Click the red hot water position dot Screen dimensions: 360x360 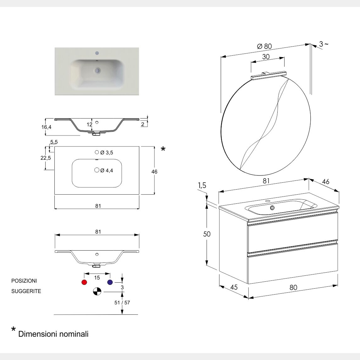pos(84,282)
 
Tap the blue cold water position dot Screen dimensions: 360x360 pos(110,282)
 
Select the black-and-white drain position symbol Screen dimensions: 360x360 pos(97,292)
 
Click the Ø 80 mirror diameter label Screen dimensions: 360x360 pos(264,46)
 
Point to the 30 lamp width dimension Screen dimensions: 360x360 pos(266,57)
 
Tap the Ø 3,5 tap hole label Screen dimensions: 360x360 pos(107,153)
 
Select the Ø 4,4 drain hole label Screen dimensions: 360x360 pos(107,170)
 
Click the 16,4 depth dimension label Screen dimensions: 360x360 pos(46,127)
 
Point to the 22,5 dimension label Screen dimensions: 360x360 pos(45,158)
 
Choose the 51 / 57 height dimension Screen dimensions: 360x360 pos(122,303)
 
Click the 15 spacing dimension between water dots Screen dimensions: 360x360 pos(97,278)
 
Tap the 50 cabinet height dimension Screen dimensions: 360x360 pos(207,234)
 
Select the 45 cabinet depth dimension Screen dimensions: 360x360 pos(234,287)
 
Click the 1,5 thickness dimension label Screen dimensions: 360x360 pos(202,186)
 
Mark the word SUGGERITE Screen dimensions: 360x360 pos(26,291)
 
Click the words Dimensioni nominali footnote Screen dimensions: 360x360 pos(53,334)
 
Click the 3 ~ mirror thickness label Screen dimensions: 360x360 pos(324,44)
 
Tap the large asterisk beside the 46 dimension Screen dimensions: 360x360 pos(163,149)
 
